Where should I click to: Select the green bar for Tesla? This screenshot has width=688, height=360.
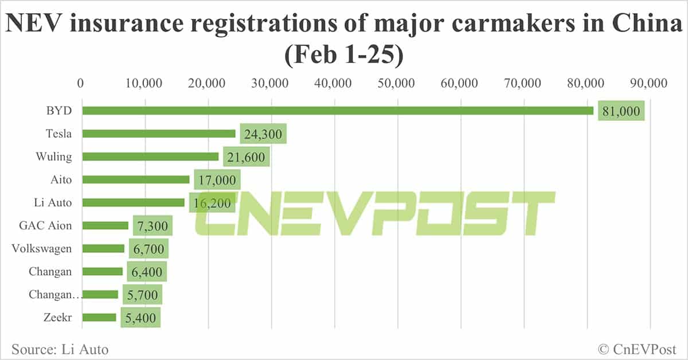tap(159, 134)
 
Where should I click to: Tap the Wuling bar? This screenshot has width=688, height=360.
tap(150, 156)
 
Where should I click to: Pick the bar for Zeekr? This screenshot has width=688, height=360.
tap(99, 318)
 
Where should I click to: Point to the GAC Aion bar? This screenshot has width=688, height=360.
tap(105, 225)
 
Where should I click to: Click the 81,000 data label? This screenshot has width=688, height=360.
tap(621, 111)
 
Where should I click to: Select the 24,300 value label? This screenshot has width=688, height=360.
tap(263, 134)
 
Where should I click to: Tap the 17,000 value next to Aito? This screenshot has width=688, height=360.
tap(217, 180)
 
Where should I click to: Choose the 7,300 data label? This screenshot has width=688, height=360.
tap(153, 226)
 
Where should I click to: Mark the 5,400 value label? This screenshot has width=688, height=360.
tap(140, 318)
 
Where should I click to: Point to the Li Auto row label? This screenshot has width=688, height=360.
tap(53, 202)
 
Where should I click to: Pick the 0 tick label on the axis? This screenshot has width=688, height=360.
tap(81, 83)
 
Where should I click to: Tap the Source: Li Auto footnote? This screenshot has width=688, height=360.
tap(60, 349)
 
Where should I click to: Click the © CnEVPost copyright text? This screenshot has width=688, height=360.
tap(637, 349)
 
